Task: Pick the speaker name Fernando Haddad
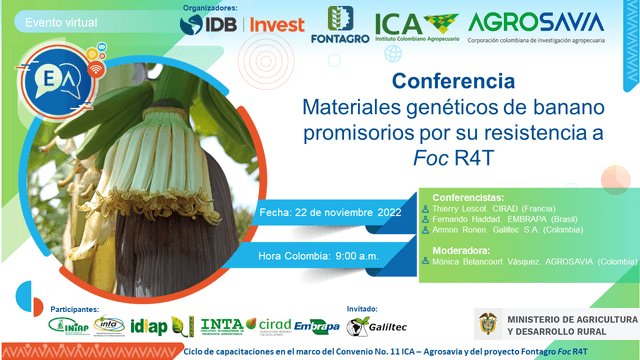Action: point(469,219)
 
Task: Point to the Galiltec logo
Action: point(369,325)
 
